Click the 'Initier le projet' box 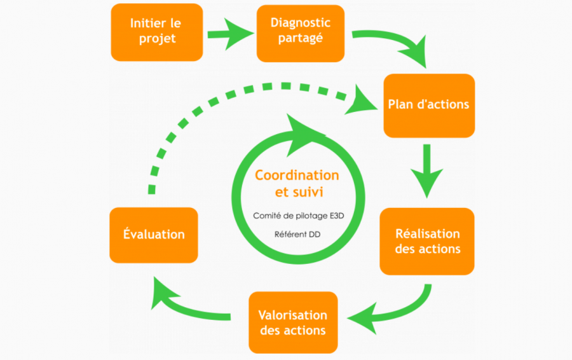click(156, 31)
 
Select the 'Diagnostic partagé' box click(300, 31)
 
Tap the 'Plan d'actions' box click(428, 105)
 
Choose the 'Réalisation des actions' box click(427, 241)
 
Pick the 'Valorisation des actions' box click(292, 322)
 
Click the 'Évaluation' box click(154, 235)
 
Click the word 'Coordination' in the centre click(297, 176)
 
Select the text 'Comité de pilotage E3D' click(297, 216)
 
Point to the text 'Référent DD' click(297, 235)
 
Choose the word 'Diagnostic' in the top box click(300, 23)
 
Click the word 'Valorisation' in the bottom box click(292, 315)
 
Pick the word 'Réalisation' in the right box click(427, 233)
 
